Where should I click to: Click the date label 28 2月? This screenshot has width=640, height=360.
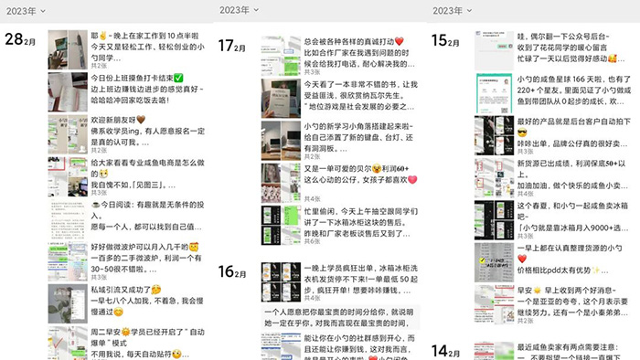(20, 39)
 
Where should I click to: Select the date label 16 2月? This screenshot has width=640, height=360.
(233, 270)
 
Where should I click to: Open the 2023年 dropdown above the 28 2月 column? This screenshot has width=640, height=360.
(24, 11)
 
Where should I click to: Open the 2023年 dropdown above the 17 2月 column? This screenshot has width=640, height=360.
(238, 11)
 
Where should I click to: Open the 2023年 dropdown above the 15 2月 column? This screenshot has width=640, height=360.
(452, 11)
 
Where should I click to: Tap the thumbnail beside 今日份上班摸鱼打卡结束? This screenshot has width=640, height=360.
(68, 91)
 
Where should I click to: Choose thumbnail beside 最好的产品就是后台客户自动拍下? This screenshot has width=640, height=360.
(494, 132)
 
